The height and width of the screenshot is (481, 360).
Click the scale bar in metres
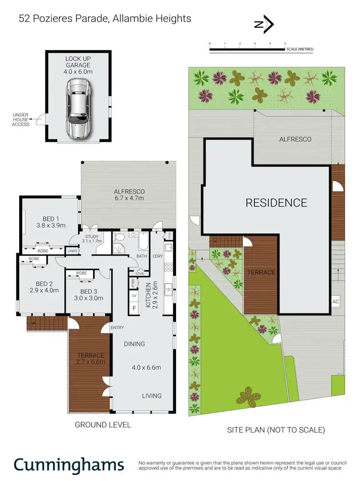[x=248, y=49]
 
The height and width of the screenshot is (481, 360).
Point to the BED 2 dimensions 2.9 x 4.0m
[x=44, y=290]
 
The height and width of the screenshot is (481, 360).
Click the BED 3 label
[x=89, y=291]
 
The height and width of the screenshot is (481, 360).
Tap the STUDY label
[x=91, y=236]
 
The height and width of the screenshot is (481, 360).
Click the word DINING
[x=135, y=344]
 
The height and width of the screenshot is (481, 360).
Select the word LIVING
[x=151, y=396]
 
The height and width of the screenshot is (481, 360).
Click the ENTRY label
[x=117, y=328]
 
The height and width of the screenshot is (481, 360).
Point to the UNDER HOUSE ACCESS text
[x=22, y=120]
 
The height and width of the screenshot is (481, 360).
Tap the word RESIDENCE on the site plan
[x=276, y=203]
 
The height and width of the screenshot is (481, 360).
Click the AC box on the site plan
[x=336, y=301]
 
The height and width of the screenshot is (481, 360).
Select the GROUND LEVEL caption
[x=103, y=425]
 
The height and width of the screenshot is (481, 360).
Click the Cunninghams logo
[x=69, y=465]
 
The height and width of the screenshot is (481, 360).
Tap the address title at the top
[x=105, y=19]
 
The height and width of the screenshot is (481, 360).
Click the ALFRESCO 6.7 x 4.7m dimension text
[x=128, y=197]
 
